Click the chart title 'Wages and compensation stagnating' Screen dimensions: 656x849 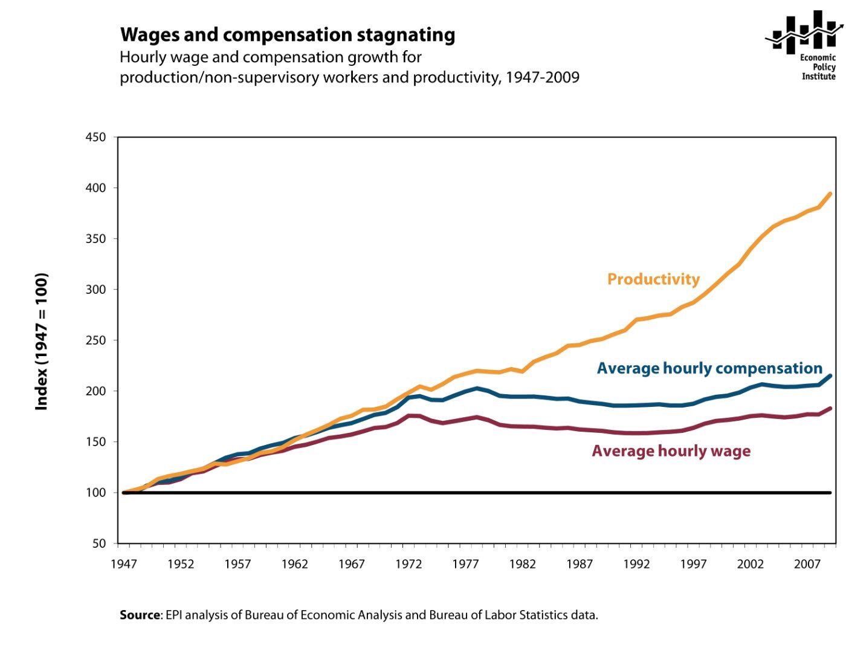click(288, 35)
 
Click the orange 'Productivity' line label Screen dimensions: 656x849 click(653, 279)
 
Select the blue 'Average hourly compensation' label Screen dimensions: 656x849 click(709, 368)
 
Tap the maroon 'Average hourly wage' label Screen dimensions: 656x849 click(671, 451)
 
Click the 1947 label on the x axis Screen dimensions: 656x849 click(123, 564)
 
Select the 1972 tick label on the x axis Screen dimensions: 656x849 click(408, 564)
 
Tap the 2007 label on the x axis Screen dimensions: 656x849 click(807, 564)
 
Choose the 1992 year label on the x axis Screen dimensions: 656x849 click(636, 564)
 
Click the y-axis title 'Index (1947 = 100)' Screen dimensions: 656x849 click(42, 342)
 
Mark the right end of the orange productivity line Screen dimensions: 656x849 click(830, 194)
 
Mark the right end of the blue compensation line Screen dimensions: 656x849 click(830, 376)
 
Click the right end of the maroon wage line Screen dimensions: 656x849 click(830, 409)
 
